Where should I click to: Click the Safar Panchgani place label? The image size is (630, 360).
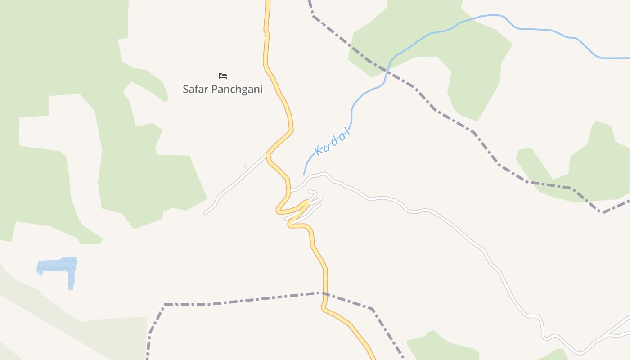(x=222, y=89)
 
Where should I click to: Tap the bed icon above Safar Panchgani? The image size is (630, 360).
(x=222, y=76)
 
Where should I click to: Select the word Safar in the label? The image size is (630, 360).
(x=195, y=89)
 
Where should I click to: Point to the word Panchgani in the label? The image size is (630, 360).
(x=237, y=89)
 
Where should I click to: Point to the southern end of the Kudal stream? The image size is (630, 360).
(x=304, y=175)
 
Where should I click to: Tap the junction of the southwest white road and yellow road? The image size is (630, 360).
(x=268, y=154)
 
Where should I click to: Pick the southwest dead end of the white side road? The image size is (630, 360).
(x=205, y=213)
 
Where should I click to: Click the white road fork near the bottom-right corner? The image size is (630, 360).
(x=607, y=335)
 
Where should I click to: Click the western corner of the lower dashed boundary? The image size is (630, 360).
(x=165, y=304)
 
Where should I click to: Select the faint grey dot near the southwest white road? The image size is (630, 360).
(x=245, y=166)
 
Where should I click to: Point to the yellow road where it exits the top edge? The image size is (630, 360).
(x=268, y=2)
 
